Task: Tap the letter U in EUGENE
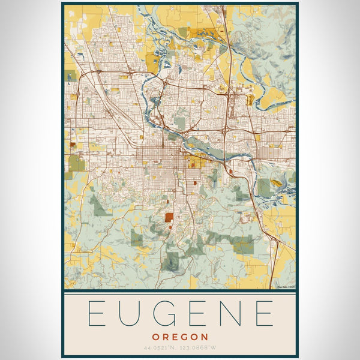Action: [x=131, y=314]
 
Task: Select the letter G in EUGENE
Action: [x=165, y=314]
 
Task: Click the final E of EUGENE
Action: [x=265, y=314]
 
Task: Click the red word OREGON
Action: [x=180, y=337]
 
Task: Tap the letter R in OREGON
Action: [x=166, y=337]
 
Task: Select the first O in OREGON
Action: [x=155, y=337]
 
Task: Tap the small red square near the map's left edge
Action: [x=73, y=144]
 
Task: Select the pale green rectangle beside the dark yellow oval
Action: [x=264, y=188]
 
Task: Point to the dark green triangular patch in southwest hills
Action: [x=99, y=207]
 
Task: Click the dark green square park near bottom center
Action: [x=172, y=261]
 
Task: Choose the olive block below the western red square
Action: [x=77, y=163]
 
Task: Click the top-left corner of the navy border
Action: [x=62, y=4]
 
